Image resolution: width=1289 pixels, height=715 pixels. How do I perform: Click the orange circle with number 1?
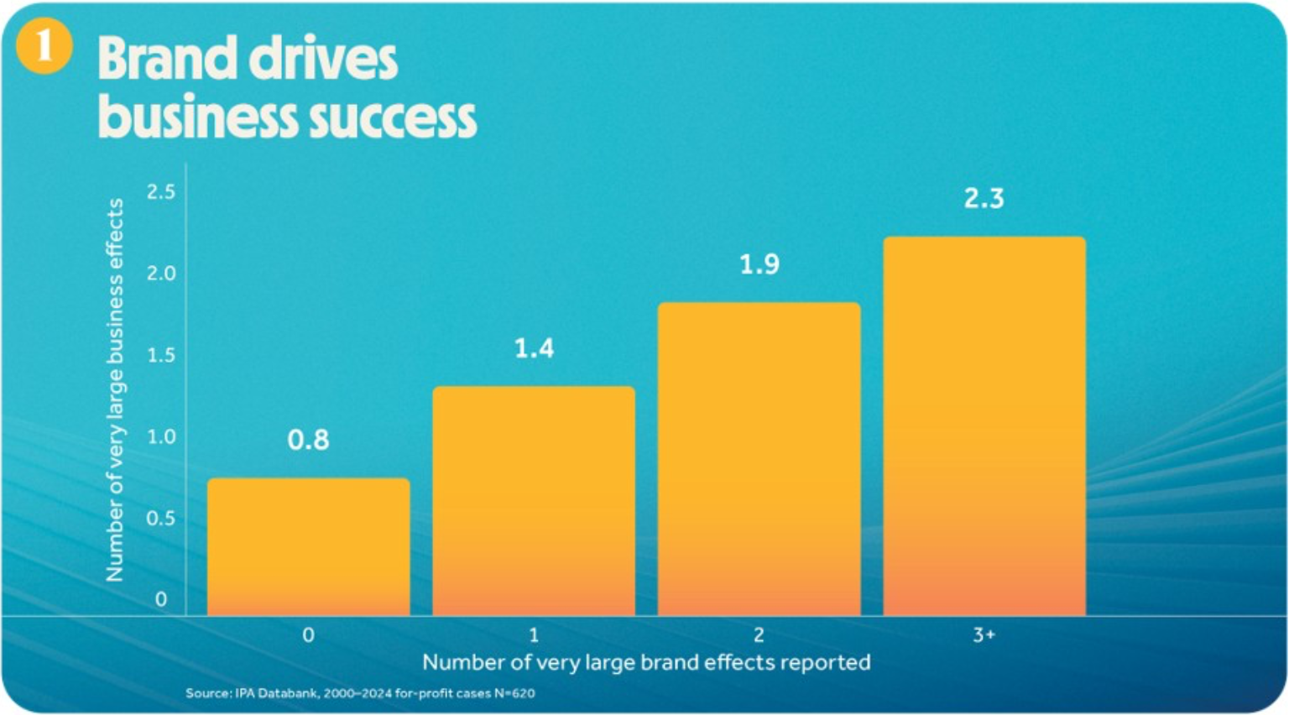[44, 45]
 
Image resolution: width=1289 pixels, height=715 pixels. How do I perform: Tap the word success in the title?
[393, 117]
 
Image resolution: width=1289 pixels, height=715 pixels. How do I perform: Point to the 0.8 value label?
[308, 440]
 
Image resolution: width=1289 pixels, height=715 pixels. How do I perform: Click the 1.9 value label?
[759, 265]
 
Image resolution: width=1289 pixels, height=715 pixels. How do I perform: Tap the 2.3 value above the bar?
[984, 199]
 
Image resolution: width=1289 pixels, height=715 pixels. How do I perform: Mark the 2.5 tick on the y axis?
[161, 192]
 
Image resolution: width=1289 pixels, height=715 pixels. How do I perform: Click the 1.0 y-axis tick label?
[161, 436]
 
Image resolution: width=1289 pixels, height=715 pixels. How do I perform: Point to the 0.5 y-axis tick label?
[161, 518]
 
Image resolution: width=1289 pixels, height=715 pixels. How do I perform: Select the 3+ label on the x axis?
[984, 635]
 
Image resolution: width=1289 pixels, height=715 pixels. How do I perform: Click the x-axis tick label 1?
[533, 635]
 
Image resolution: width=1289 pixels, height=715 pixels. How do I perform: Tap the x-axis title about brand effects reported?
[646, 662]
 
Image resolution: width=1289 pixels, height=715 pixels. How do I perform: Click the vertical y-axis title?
[115, 389]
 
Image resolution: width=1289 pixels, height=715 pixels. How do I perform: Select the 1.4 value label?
[533, 348]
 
